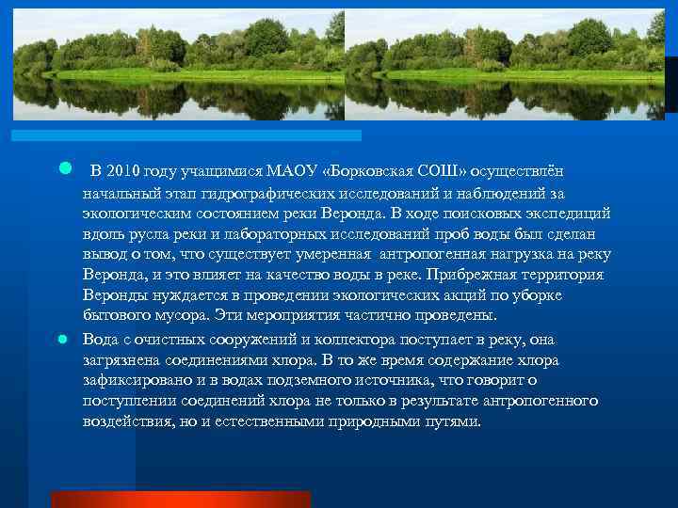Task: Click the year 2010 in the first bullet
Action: [x=122, y=172]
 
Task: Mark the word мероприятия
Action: [x=295, y=316]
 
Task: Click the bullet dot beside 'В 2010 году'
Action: [x=65, y=169]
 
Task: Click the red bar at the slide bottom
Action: [x=206, y=499]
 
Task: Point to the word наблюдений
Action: [x=490, y=193]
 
